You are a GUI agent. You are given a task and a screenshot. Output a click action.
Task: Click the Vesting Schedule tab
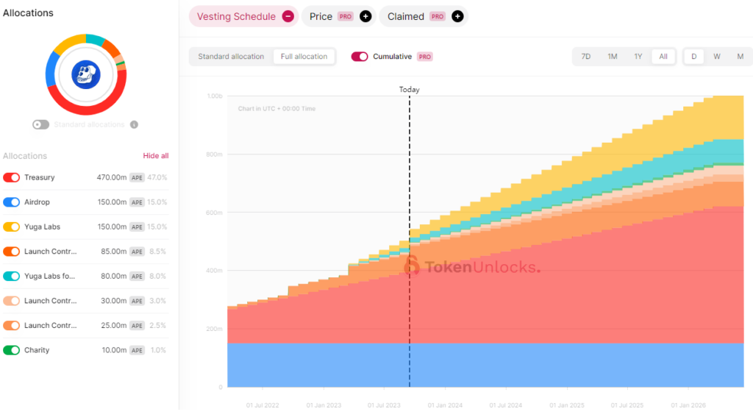click(x=236, y=16)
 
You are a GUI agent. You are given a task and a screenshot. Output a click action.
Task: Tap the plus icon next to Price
click(x=365, y=16)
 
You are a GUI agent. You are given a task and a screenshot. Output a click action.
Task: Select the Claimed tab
click(x=406, y=16)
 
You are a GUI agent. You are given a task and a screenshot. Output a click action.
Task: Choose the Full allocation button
click(x=304, y=57)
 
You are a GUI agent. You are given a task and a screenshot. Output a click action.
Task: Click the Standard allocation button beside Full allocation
click(x=231, y=57)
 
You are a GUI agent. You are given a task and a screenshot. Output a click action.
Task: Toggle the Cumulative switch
click(x=360, y=57)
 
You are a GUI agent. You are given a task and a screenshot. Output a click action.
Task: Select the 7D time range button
click(x=586, y=57)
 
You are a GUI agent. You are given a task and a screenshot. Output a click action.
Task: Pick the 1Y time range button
click(x=638, y=57)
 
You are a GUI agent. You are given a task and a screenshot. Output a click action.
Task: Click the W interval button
click(x=716, y=57)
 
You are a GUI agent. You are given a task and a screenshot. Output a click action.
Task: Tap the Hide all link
click(x=155, y=156)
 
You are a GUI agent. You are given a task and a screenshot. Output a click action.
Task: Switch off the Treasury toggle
click(x=11, y=177)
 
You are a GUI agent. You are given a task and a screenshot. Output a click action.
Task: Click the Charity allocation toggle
click(x=11, y=350)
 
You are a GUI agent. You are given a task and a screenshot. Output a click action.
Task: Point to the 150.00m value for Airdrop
click(x=112, y=202)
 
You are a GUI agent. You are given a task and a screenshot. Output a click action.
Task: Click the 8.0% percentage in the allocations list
click(x=157, y=277)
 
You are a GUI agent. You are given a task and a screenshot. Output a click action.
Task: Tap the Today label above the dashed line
click(x=410, y=90)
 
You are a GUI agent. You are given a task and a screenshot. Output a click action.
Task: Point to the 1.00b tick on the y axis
click(x=215, y=96)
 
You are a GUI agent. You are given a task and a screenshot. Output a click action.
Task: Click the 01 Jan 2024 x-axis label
click(x=444, y=405)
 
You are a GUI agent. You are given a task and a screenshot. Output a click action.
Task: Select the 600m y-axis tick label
click(x=215, y=213)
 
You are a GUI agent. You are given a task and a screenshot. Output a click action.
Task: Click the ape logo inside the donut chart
click(x=85, y=74)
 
